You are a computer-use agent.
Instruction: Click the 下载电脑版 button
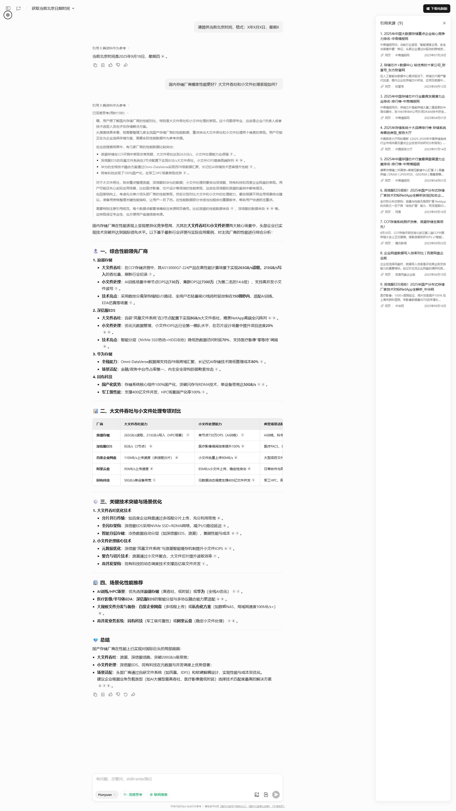click(437, 9)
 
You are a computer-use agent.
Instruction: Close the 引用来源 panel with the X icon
click(444, 23)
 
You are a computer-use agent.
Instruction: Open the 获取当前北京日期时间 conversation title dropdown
click(53, 9)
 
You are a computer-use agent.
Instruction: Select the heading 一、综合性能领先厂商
click(124, 251)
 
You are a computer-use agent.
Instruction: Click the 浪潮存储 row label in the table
click(103, 435)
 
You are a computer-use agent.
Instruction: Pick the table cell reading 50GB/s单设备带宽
click(138, 480)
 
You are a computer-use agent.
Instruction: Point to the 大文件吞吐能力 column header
click(136, 424)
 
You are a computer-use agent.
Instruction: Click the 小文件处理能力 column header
click(210, 424)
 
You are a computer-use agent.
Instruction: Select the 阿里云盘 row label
click(103, 469)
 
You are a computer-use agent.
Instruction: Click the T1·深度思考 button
click(133, 795)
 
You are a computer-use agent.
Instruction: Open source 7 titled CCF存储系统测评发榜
click(412, 224)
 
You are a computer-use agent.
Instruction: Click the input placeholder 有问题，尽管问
click(124, 779)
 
